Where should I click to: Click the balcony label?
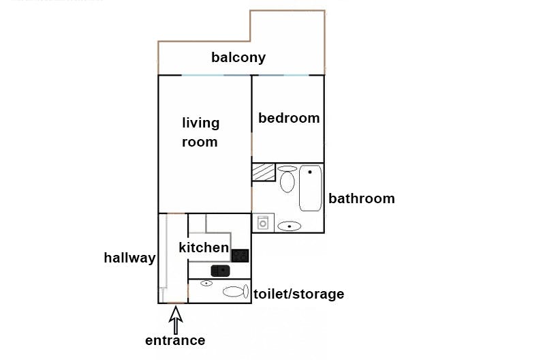(238, 57)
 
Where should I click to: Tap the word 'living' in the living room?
(200, 123)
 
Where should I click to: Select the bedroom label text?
(289, 118)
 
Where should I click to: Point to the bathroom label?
(362, 198)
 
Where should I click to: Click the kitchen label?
(204, 247)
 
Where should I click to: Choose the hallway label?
(129, 258)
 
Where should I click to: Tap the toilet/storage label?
(299, 294)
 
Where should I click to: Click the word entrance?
(175, 340)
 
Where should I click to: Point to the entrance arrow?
(176, 320)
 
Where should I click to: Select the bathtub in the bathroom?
(311, 188)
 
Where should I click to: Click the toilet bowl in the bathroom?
(287, 179)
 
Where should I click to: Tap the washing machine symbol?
(263, 223)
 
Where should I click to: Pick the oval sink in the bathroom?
(290, 226)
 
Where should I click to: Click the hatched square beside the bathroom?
(264, 172)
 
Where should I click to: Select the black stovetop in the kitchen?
(240, 256)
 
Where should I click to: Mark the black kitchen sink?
(220, 271)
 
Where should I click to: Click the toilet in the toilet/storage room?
(236, 292)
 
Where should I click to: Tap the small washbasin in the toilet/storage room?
(206, 284)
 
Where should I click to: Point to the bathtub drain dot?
(310, 172)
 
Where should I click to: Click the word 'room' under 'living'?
(200, 142)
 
